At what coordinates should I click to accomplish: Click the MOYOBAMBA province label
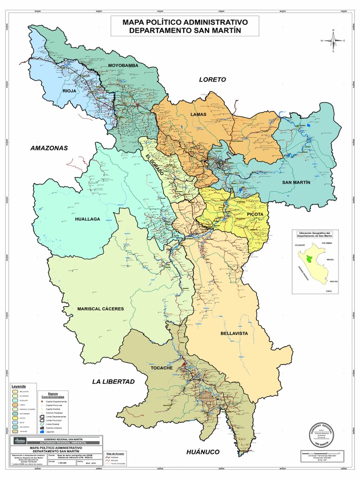tap(124, 66)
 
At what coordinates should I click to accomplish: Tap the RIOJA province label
tap(70, 90)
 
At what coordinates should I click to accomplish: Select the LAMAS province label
tap(198, 114)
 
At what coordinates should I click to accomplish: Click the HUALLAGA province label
tap(88, 219)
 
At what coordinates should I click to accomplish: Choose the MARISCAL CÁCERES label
tap(101, 309)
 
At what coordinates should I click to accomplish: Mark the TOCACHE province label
tap(162, 368)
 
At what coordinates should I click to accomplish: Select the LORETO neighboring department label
tap(212, 80)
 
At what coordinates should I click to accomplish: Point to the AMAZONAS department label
tap(49, 148)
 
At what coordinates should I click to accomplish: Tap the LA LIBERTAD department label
tap(113, 382)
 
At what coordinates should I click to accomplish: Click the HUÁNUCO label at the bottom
tap(202, 452)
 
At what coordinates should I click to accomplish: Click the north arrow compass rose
tap(333, 40)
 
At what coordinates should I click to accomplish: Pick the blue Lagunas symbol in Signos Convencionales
tap(44, 431)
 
